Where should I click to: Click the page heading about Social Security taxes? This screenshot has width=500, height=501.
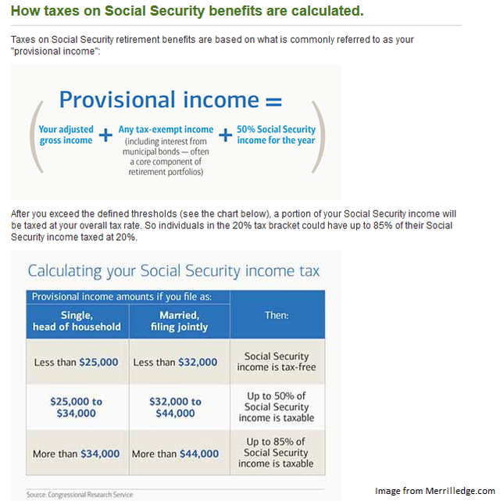pyautogui.click(x=187, y=13)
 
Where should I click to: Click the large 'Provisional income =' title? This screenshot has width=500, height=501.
pyautogui.click(x=170, y=100)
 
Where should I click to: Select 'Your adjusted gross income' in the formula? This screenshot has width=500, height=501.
pyautogui.click(x=66, y=134)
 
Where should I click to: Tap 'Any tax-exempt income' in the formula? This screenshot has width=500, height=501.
pyautogui.click(x=166, y=130)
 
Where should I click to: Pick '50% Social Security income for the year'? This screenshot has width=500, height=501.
pyautogui.click(x=276, y=134)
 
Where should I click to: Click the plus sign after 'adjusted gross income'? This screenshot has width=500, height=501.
pyautogui.click(x=106, y=136)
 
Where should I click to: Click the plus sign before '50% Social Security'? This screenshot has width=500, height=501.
pyautogui.click(x=225, y=135)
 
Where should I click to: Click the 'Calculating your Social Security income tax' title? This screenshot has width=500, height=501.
pyautogui.click(x=173, y=271)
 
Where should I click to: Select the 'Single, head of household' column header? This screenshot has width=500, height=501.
pyautogui.click(x=77, y=320)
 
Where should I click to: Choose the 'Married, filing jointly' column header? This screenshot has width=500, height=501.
pyautogui.click(x=179, y=320)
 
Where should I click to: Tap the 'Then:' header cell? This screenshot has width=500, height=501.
pyautogui.click(x=277, y=316)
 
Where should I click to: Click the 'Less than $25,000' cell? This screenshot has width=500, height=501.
pyautogui.click(x=77, y=362)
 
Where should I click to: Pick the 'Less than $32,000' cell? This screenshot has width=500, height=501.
pyautogui.click(x=179, y=362)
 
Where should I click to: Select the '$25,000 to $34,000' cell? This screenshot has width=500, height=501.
pyautogui.click(x=77, y=407)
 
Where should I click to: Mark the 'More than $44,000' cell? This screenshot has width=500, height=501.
pyautogui.click(x=179, y=453)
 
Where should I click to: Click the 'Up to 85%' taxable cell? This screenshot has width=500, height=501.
pyautogui.click(x=277, y=453)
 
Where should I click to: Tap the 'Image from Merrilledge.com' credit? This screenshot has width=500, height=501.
pyautogui.click(x=434, y=491)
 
